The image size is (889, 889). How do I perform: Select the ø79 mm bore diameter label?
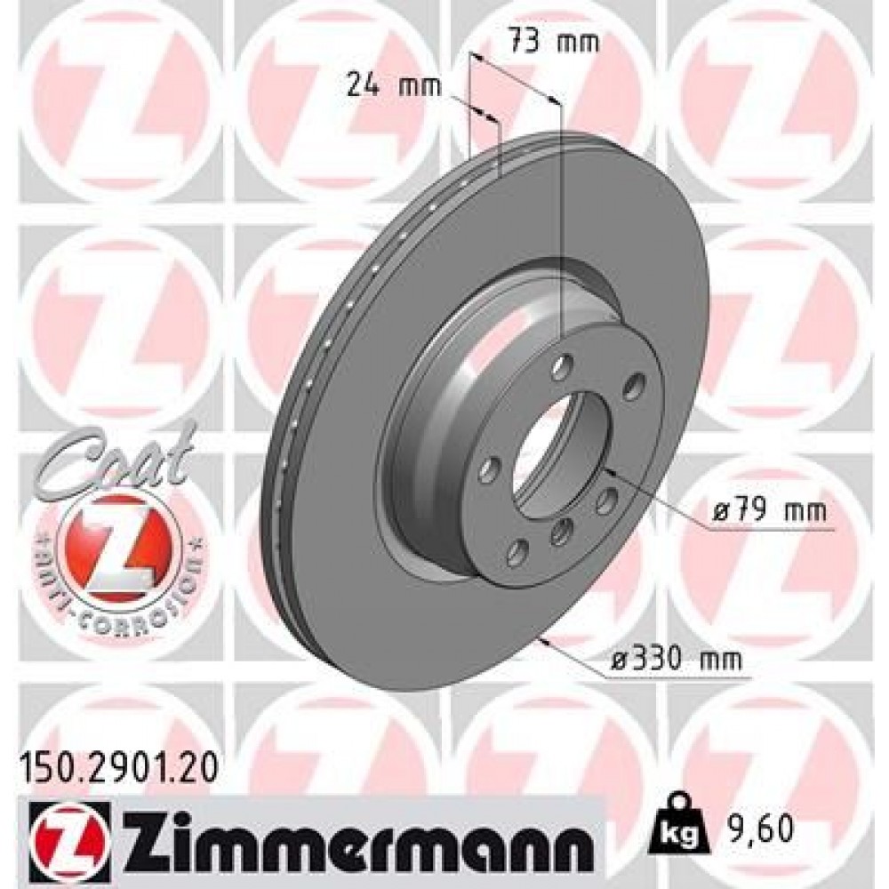[770, 513]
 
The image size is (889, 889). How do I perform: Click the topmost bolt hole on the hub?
[560, 367]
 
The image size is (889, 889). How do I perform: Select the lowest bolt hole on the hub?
[515, 554]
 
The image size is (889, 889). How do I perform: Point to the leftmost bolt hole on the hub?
[488, 469]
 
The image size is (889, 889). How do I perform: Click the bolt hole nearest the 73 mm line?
[560, 367]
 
